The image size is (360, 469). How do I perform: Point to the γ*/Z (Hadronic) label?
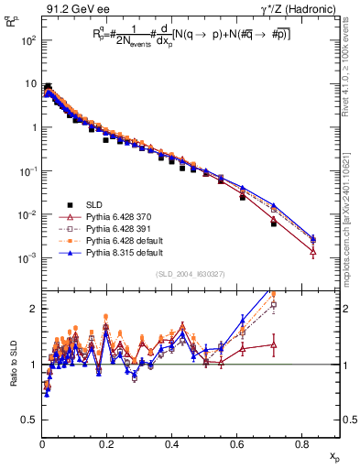pos(309,9)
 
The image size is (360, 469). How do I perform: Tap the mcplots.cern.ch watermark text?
pos(351,211)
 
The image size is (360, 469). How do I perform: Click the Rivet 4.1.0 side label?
pos(351,64)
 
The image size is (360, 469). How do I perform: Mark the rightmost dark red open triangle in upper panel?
pos(313,251)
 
